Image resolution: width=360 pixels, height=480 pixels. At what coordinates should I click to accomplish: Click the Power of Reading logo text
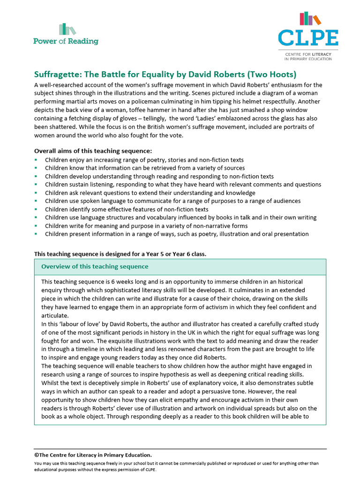[66, 41]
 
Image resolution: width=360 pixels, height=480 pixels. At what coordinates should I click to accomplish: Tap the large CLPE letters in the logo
[307, 37]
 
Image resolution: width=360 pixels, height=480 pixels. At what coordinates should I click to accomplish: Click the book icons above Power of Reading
[67, 29]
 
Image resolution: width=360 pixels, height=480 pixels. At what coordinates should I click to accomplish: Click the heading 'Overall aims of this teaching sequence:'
[93, 151]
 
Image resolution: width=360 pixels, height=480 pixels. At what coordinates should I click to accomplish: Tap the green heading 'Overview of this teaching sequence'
[95, 267]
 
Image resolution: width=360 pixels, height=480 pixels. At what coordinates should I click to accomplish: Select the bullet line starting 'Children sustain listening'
[183, 185]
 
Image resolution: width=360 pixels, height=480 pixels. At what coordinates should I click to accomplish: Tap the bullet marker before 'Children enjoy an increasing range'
[36, 160]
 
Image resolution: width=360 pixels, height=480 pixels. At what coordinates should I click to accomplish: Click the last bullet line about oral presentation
[177, 234]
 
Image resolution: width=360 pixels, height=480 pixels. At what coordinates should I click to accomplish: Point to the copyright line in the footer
[93, 455]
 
